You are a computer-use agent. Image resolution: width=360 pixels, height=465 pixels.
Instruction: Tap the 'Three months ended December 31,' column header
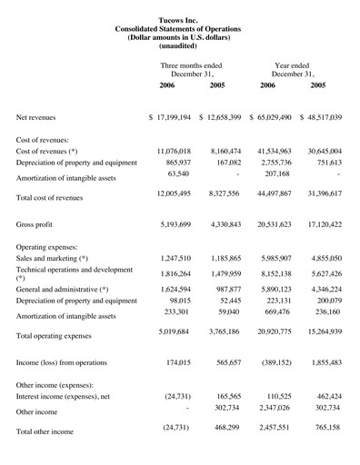pos(191,71)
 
